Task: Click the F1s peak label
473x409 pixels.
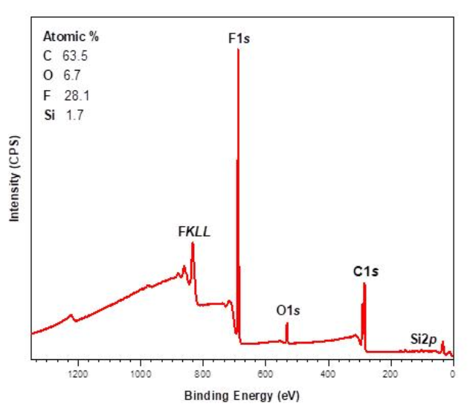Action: [238, 36]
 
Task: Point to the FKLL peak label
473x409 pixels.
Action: [194, 231]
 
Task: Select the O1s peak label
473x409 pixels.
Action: [289, 309]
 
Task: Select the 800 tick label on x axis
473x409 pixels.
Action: [202, 374]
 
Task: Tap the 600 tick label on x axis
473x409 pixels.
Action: [265, 374]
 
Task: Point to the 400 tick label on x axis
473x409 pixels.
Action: [327, 374]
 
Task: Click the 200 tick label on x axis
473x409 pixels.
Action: [390, 374]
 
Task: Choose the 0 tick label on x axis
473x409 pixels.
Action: [452, 374]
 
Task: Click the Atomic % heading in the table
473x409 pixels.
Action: [71, 36]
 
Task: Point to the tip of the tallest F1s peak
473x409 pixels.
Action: [238, 49]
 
